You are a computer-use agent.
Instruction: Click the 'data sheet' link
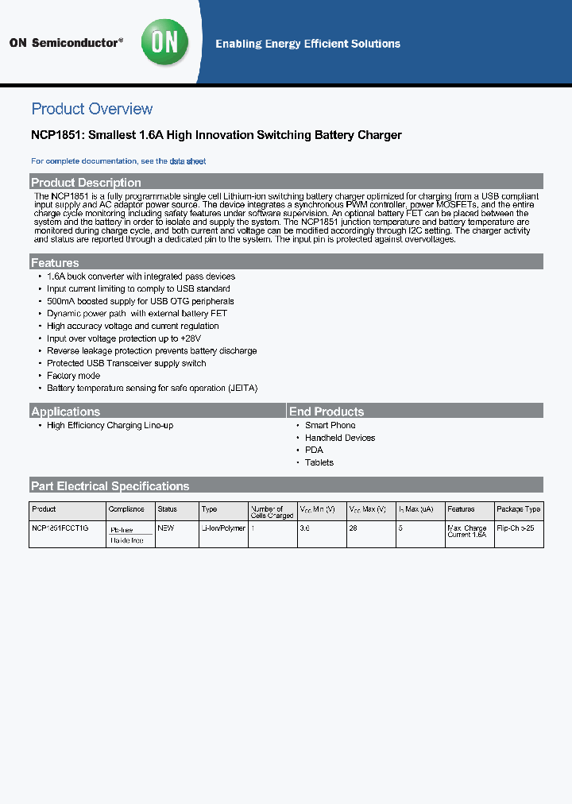pos(187,161)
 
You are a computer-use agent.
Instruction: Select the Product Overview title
pos(91,109)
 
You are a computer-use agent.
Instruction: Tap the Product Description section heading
pos(86,182)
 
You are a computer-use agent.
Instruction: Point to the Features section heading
pos(55,262)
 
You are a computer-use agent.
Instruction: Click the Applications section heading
pos(65,411)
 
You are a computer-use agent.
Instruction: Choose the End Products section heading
pos(327,411)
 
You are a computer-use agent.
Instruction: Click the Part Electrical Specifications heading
pos(110,485)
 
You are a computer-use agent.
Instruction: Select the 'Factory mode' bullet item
pos(73,376)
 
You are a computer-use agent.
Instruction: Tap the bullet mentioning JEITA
pos(152,388)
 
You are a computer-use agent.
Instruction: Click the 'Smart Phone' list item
pos(330,425)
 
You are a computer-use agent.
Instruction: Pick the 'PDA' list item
pos(314,450)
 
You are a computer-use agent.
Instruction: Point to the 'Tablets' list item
pos(319,462)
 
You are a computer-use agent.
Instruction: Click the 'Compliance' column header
pos(127,508)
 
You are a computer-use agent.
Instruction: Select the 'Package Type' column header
pos(518,508)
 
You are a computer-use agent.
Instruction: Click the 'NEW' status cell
pos(166,528)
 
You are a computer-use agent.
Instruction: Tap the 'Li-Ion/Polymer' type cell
pos(223,528)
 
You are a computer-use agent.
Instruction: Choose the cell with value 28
pos(354,528)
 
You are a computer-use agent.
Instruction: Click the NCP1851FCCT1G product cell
pos(60,528)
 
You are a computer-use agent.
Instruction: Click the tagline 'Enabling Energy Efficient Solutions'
pos(307,44)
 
